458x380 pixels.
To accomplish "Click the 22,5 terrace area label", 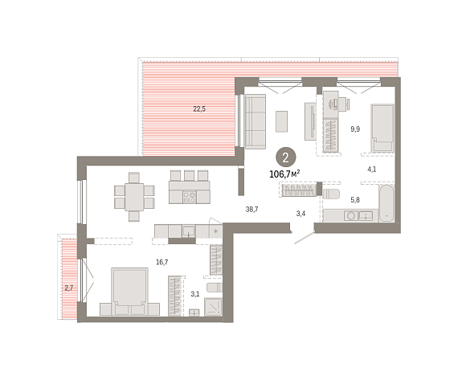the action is coord(199,109).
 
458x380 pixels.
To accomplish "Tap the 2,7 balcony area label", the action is coord(69,288).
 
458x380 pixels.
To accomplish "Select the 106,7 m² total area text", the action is coord(284,174).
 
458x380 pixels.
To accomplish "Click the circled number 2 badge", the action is coord(286,157).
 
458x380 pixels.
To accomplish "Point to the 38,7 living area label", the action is coord(251,209).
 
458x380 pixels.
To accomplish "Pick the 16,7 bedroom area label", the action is coord(162,262).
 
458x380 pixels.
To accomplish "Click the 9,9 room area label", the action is coord(355,129).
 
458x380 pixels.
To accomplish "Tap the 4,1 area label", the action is coord(371,169).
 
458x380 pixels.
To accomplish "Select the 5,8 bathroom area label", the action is coord(355,200).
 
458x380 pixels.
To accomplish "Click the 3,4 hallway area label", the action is coord(301,214).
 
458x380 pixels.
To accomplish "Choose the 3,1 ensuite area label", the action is coord(195,294).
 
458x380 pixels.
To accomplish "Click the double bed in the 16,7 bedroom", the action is coord(129,292).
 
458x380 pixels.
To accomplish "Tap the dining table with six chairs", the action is coord(134,197).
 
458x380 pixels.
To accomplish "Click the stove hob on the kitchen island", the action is coord(190,197).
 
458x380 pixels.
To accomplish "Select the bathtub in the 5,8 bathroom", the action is coord(386,202).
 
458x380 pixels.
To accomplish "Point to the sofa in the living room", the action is coord(256,121).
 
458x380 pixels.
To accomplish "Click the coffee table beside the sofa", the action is coord(282,121).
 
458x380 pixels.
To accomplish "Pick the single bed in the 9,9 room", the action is coord(382,129).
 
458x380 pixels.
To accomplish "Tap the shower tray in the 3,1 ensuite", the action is coord(213,307).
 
